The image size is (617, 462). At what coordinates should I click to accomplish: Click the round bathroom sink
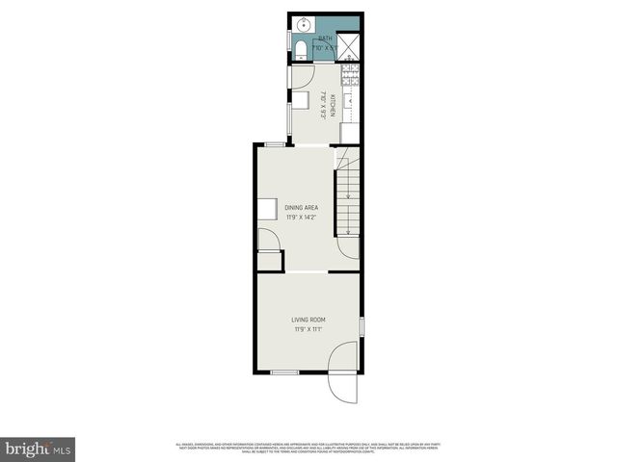[300, 25]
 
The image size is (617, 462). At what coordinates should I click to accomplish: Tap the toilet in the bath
[299, 48]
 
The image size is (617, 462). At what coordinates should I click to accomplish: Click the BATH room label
[325, 38]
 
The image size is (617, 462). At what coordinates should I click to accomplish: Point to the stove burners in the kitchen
[351, 72]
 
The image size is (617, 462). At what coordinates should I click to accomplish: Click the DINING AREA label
[301, 207]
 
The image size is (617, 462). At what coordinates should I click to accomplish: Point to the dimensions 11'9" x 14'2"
[301, 217]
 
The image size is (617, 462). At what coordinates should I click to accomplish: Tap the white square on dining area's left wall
[266, 207]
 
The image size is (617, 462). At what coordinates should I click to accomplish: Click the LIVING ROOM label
[309, 320]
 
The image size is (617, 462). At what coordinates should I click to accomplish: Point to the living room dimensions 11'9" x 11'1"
[309, 329]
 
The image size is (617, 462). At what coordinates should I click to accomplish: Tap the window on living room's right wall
[362, 327]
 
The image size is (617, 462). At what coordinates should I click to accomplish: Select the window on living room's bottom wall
[284, 372]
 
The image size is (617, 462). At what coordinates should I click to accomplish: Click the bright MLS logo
[39, 449]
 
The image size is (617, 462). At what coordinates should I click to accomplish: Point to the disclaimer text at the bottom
[308, 447]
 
